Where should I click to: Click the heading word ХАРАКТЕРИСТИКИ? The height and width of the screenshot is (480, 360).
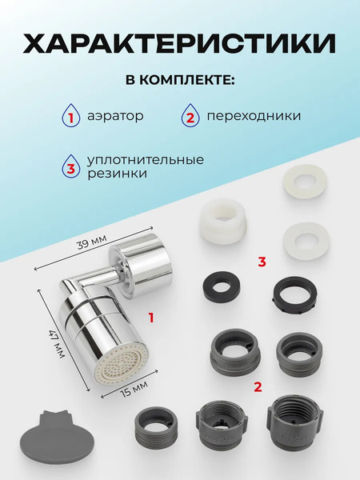coord(180,44)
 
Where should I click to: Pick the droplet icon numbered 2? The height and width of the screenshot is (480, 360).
coord(192,117)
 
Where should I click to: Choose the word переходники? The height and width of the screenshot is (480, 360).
coord(254,117)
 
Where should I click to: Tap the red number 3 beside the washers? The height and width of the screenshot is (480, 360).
coord(262,260)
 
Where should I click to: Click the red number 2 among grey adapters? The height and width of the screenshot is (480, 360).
coord(257,386)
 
